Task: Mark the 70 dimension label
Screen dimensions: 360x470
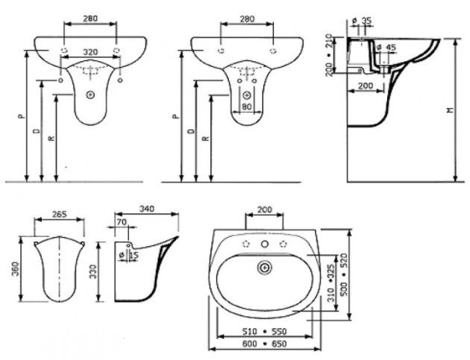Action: (121, 223)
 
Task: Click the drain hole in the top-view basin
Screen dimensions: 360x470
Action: (263, 267)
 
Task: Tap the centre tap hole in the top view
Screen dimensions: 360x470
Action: (263, 244)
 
